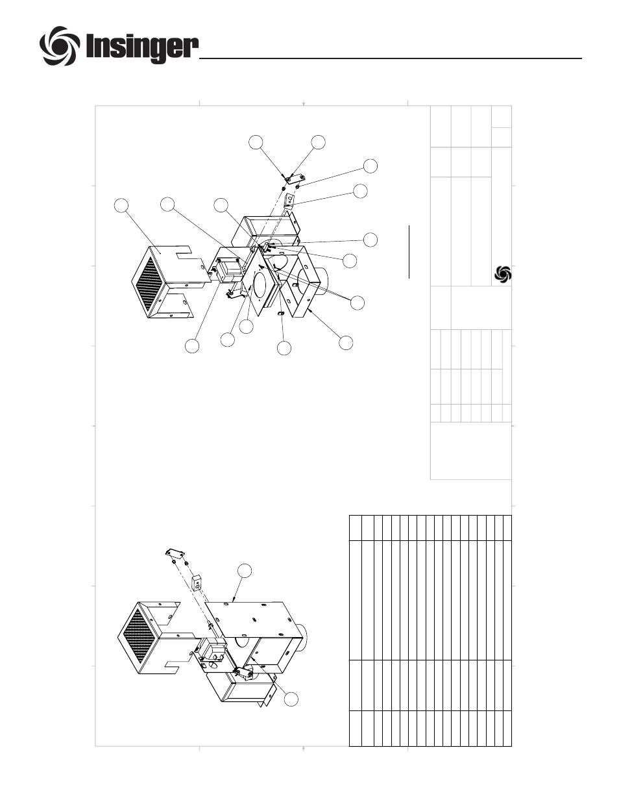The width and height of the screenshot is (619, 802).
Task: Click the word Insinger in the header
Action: point(142,47)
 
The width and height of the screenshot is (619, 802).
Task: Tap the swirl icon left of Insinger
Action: point(60,45)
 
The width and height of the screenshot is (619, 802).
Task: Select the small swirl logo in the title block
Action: point(503,275)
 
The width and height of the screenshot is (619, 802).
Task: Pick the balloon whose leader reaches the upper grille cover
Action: point(121,206)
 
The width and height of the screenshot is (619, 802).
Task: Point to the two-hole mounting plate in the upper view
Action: point(294,179)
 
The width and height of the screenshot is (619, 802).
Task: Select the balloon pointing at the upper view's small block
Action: point(360,191)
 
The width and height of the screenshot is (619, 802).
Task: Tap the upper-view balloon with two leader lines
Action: point(357,303)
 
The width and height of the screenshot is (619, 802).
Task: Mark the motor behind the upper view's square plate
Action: point(228,271)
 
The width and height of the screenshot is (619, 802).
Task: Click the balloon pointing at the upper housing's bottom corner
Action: point(346,342)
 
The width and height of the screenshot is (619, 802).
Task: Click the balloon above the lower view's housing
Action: point(245,571)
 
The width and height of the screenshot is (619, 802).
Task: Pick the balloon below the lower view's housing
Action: point(291,699)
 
